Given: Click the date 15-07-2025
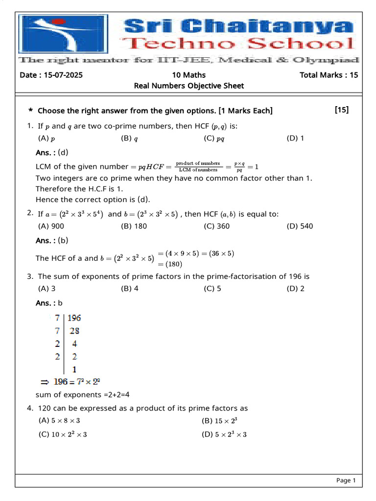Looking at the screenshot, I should (51, 75).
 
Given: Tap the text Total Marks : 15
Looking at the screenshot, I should (329, 75).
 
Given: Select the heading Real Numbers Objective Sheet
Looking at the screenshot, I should (188, 86).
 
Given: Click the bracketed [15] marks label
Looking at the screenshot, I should (342, 110).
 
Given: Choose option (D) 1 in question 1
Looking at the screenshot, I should (295, 138).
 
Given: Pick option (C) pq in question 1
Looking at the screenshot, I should (214, 138).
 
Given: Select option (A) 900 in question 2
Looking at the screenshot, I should (51, 226).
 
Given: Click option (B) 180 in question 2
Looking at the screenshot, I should (134, 226).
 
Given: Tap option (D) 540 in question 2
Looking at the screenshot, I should (300, 226).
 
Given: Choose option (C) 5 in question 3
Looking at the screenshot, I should (212, 288).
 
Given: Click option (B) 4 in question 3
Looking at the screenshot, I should (130, 288).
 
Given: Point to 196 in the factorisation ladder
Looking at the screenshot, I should (74, 318).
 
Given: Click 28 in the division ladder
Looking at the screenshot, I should (74, 331).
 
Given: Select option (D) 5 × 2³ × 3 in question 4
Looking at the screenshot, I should (224, 434).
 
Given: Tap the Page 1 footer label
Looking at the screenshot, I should (346, 480).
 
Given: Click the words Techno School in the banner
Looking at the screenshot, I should (240, 44).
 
